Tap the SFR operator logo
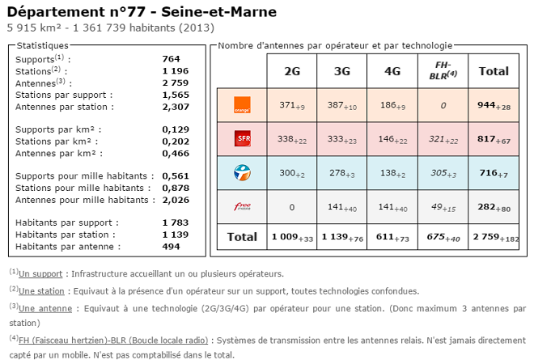pyautogui.click(x=241, y=139)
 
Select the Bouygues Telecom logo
pyautogui.click(x=241, y=172)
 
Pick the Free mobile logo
pyautogui.click(x=241, y=206)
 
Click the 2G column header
pyautogui.click(x=292, y=71)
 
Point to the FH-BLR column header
pyautogui.click(x=442, y=70)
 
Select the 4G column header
pyautogui.click(x=392, y=71)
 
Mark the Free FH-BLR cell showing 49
pyautogui.click(x=442, y=206)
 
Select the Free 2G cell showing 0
pyautogui.click(x=292, y=206)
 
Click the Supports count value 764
pyautogui.click(x=171, y=59)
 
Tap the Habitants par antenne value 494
pyautogui.click(x=171, y=247)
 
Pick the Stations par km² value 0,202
pyautogui.click(x=176, y=141)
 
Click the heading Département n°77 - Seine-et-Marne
pyautogui.click(x=142, y=11)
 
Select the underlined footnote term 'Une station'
pyautogui.click(x=41, y=290)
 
